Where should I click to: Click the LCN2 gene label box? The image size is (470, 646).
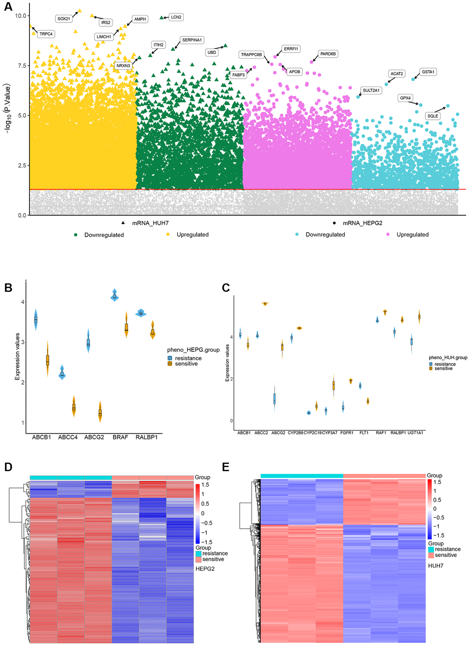tap(176, 17)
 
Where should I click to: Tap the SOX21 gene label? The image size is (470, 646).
tap(64, 19)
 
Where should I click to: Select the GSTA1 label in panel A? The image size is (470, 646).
tap(428, 72)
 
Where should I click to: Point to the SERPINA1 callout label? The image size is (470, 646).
tap(192, 40)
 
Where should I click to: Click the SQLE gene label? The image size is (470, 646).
tap(433, 116)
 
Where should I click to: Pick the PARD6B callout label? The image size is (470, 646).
tap(328, 54)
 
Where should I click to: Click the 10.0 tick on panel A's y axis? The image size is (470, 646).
tap(21, 16)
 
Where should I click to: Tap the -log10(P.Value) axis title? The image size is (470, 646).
tap(7, 109)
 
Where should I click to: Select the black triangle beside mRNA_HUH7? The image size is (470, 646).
tap(123, 223)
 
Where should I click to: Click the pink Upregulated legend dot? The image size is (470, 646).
tap(388, 235)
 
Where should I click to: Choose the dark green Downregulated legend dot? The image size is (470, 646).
tap(76, 235)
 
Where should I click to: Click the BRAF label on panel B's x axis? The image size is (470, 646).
tap(120, 437)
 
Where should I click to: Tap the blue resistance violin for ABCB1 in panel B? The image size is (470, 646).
tap(35, 320)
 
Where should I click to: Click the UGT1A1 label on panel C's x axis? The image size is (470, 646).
tap(415, 433)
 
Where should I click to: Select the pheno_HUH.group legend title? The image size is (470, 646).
tap(448, 357)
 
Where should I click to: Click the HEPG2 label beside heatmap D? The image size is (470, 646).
tap(205, 569)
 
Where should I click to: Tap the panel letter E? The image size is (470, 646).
tap(226, 468)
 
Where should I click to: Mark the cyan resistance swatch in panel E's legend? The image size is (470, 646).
tap(431, 549)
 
